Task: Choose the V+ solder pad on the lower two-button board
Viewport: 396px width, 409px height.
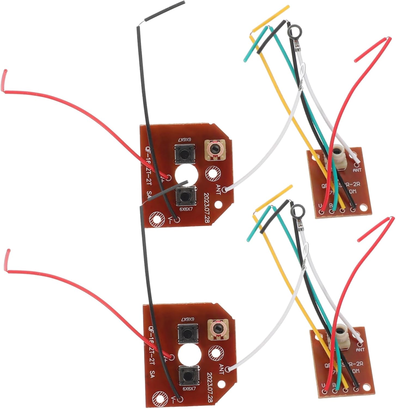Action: pos(172,357)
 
